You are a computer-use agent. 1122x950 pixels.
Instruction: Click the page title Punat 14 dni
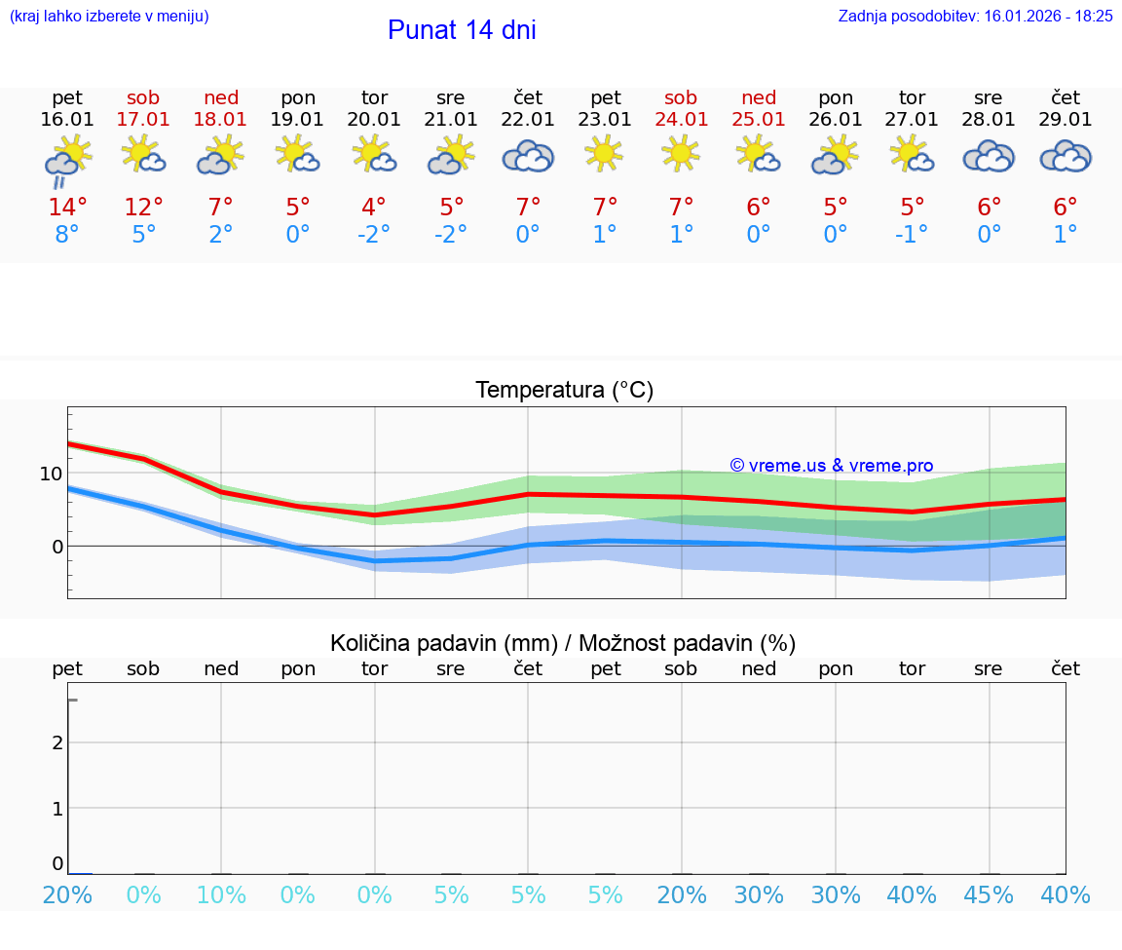[462, 30]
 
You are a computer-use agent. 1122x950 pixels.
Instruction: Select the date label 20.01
[374, 120]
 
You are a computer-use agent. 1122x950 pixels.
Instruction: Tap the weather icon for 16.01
[67, 160]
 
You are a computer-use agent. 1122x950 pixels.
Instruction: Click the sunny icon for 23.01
[605, 154]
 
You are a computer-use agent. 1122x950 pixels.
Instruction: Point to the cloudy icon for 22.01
[528, 156]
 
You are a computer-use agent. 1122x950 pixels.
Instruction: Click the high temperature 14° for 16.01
[67, 208]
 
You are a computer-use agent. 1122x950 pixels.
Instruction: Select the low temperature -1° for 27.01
[912, 235]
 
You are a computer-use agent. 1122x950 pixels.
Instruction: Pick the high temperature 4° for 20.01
[374, 208]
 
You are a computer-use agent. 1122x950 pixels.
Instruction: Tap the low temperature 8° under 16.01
[67, 235]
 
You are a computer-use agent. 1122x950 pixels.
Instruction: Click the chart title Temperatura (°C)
[564, 391]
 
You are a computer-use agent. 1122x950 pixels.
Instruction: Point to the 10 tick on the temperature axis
[51, 474]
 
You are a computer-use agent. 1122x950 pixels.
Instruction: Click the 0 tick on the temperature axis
[56, 547]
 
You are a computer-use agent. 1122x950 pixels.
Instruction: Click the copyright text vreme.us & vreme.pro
[831, 466]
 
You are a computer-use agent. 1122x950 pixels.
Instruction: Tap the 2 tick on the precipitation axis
[57, 742]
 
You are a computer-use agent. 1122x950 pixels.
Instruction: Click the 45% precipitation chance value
[989, 895]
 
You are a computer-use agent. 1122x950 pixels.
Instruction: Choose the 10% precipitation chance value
[221, 895]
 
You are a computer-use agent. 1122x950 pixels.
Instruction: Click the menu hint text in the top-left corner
[109, 17]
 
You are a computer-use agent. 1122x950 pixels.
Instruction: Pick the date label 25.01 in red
[759, 120]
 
